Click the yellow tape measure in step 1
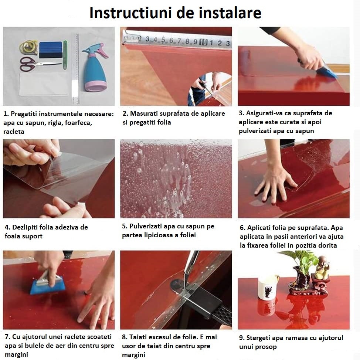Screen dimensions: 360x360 [28, 48]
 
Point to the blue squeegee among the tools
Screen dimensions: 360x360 [51, 50]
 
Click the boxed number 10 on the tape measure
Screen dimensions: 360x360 [203, 42]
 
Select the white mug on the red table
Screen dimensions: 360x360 [267, 287]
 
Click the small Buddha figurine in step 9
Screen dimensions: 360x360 [322, 267]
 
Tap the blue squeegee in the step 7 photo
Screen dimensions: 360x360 [48, 284]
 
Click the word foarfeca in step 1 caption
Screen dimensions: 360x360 [78, 123]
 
